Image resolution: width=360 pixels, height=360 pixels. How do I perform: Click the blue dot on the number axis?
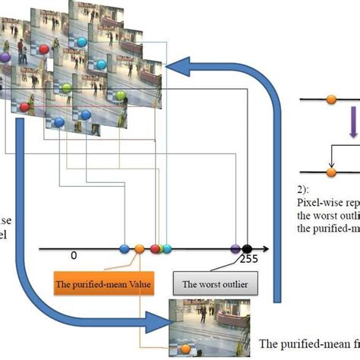tap(125, 248)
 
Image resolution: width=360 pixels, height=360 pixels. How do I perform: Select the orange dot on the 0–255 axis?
tap(140, 248)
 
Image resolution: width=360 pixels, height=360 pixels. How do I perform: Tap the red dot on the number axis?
tap(155, 248)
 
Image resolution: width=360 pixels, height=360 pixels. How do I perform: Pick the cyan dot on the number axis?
tap(167, 248)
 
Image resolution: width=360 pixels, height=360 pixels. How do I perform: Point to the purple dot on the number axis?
tap(235, 248)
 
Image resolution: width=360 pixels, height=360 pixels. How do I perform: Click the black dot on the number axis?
tap(247, 248)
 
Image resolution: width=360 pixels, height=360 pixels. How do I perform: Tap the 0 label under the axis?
tap(74, 256)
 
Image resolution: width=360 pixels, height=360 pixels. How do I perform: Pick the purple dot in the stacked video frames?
tap(6, 57)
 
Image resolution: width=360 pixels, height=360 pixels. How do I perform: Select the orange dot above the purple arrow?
tap(330, 99)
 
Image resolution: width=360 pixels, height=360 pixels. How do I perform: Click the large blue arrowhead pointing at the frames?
tap(175, 68)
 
